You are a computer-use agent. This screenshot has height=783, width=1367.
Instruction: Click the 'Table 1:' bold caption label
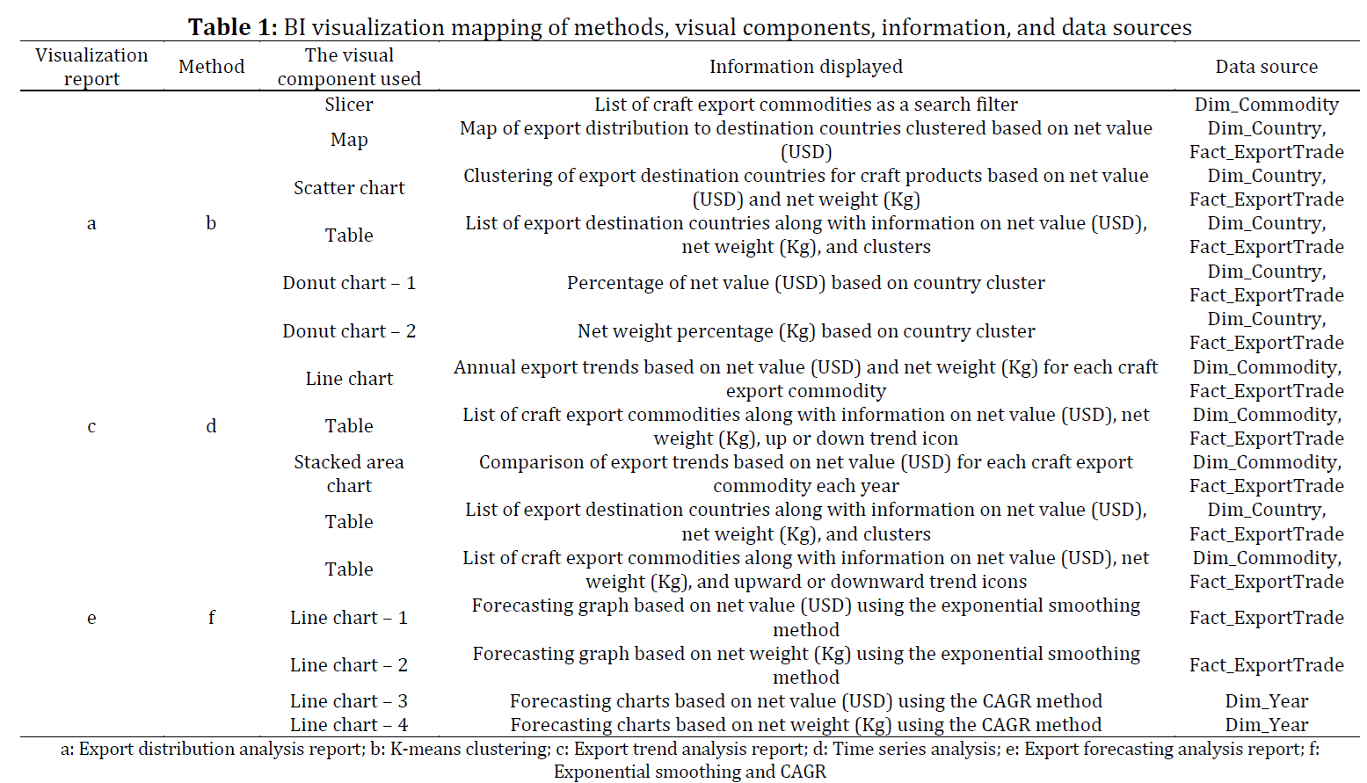point(232,27)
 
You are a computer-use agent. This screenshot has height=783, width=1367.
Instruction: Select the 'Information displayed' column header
point(805,67)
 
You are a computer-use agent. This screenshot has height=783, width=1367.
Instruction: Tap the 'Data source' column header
point(1266,67)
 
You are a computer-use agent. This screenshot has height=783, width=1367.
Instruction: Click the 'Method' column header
point(211,67)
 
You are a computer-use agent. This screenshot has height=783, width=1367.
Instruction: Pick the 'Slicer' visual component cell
point(348,105)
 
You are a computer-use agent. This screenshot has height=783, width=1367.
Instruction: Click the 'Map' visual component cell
point(348,140)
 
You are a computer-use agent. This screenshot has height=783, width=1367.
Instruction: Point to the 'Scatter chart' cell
point(348,187)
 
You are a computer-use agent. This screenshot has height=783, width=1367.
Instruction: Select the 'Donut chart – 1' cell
point(348,283)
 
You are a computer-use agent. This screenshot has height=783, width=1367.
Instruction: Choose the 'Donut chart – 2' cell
point(348,330)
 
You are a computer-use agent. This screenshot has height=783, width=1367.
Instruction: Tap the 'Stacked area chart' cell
point(348,474)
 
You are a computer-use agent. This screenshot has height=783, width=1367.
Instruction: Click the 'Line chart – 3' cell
point(348,700)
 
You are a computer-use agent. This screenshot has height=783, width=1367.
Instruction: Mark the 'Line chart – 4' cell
point(348,724)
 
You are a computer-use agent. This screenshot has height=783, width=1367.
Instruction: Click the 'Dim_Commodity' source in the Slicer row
point(1266,105)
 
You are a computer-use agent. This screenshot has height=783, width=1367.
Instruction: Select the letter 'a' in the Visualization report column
point(91,223)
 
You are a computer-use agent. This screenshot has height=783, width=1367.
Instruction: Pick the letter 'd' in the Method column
point(211,425)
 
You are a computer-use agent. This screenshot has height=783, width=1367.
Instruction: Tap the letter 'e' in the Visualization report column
point(91,618)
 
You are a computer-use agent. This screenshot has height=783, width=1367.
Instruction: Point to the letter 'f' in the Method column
point(211,617)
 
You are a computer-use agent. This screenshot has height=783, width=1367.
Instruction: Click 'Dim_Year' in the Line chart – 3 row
point(1266,700)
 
